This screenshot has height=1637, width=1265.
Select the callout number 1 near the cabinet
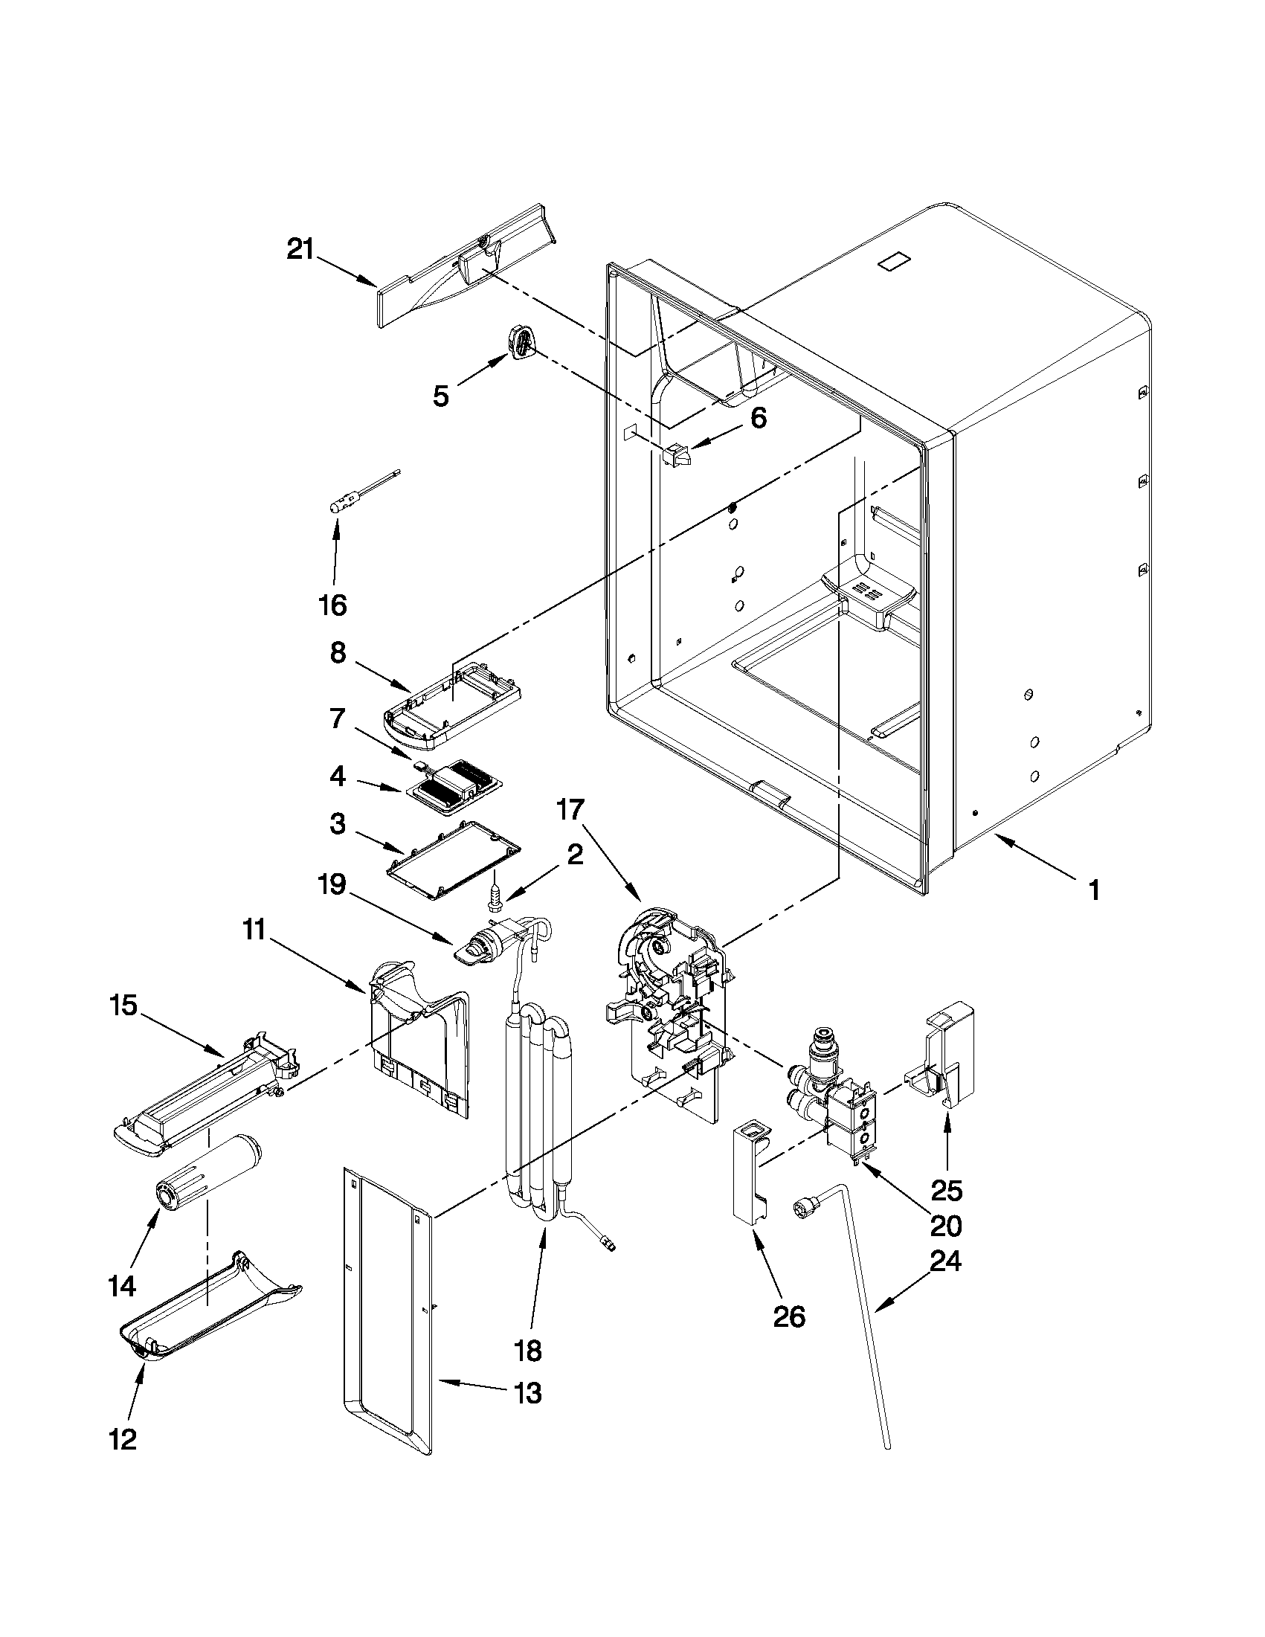click(x=1093, y=890)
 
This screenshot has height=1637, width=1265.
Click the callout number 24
click(x=946, y=1261)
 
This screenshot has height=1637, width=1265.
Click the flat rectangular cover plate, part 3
click(x=454, y=861)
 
